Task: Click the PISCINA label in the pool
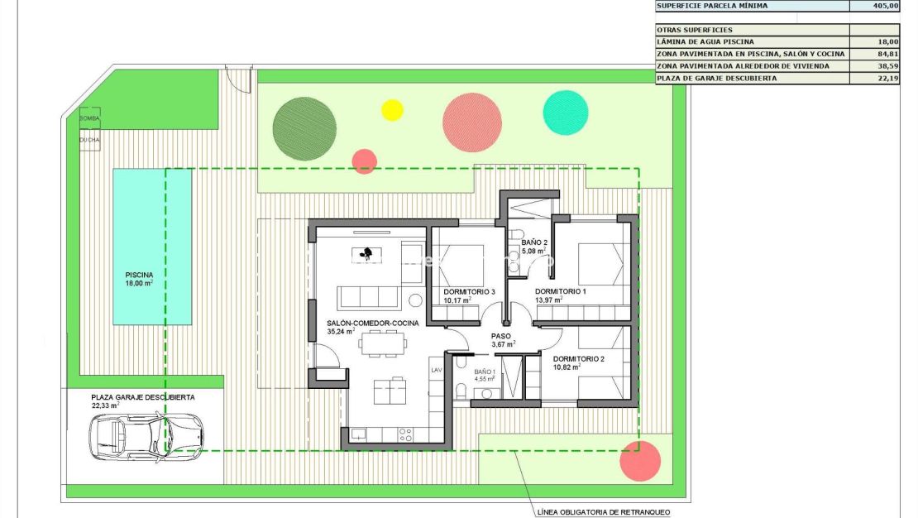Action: click(x=139, y=275)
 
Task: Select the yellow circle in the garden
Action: click(x=392, y=110)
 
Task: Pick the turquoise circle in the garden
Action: click(x=566, y=112)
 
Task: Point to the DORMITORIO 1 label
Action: click(x=560, y=292)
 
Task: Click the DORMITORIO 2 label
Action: click(x=579, y=359)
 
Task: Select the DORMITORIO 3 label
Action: click(x=469, y=292)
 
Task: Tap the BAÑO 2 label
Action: click(x=534, y=242)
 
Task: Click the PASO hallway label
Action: click(x=502, y=336)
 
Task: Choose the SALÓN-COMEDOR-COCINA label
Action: click(x=372, y=323)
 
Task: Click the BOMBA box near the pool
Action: click(x=89, y=118)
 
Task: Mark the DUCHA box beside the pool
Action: click(x=89, y=140)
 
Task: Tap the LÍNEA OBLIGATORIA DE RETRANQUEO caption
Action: click(x=604, y=512)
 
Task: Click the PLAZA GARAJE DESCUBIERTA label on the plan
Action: click(x=143, y=397)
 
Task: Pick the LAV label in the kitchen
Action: click(x=437, y=370)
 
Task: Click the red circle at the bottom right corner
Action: click(x=640, y=461)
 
